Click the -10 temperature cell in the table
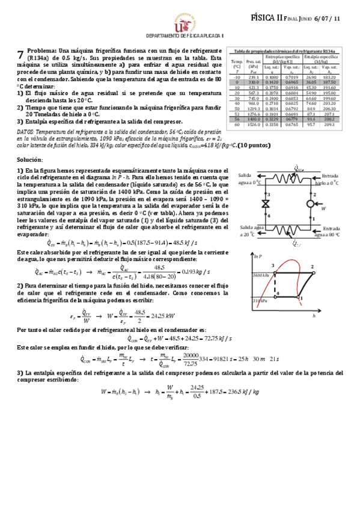tap(237, 77)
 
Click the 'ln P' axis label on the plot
tap(260, 257)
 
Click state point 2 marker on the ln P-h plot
tap(312, 266)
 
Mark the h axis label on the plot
tap(331, 314)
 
